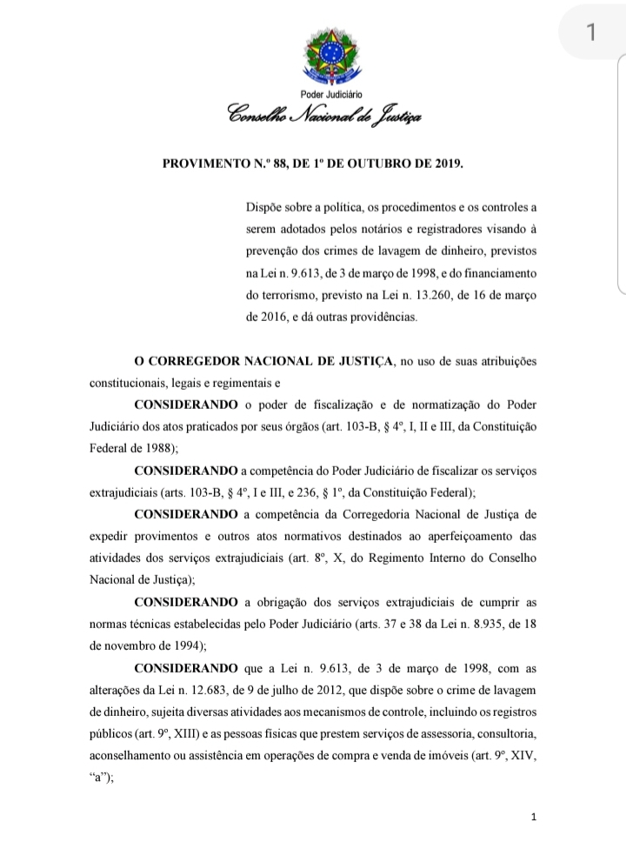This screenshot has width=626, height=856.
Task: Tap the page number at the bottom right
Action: pos(534,817)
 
